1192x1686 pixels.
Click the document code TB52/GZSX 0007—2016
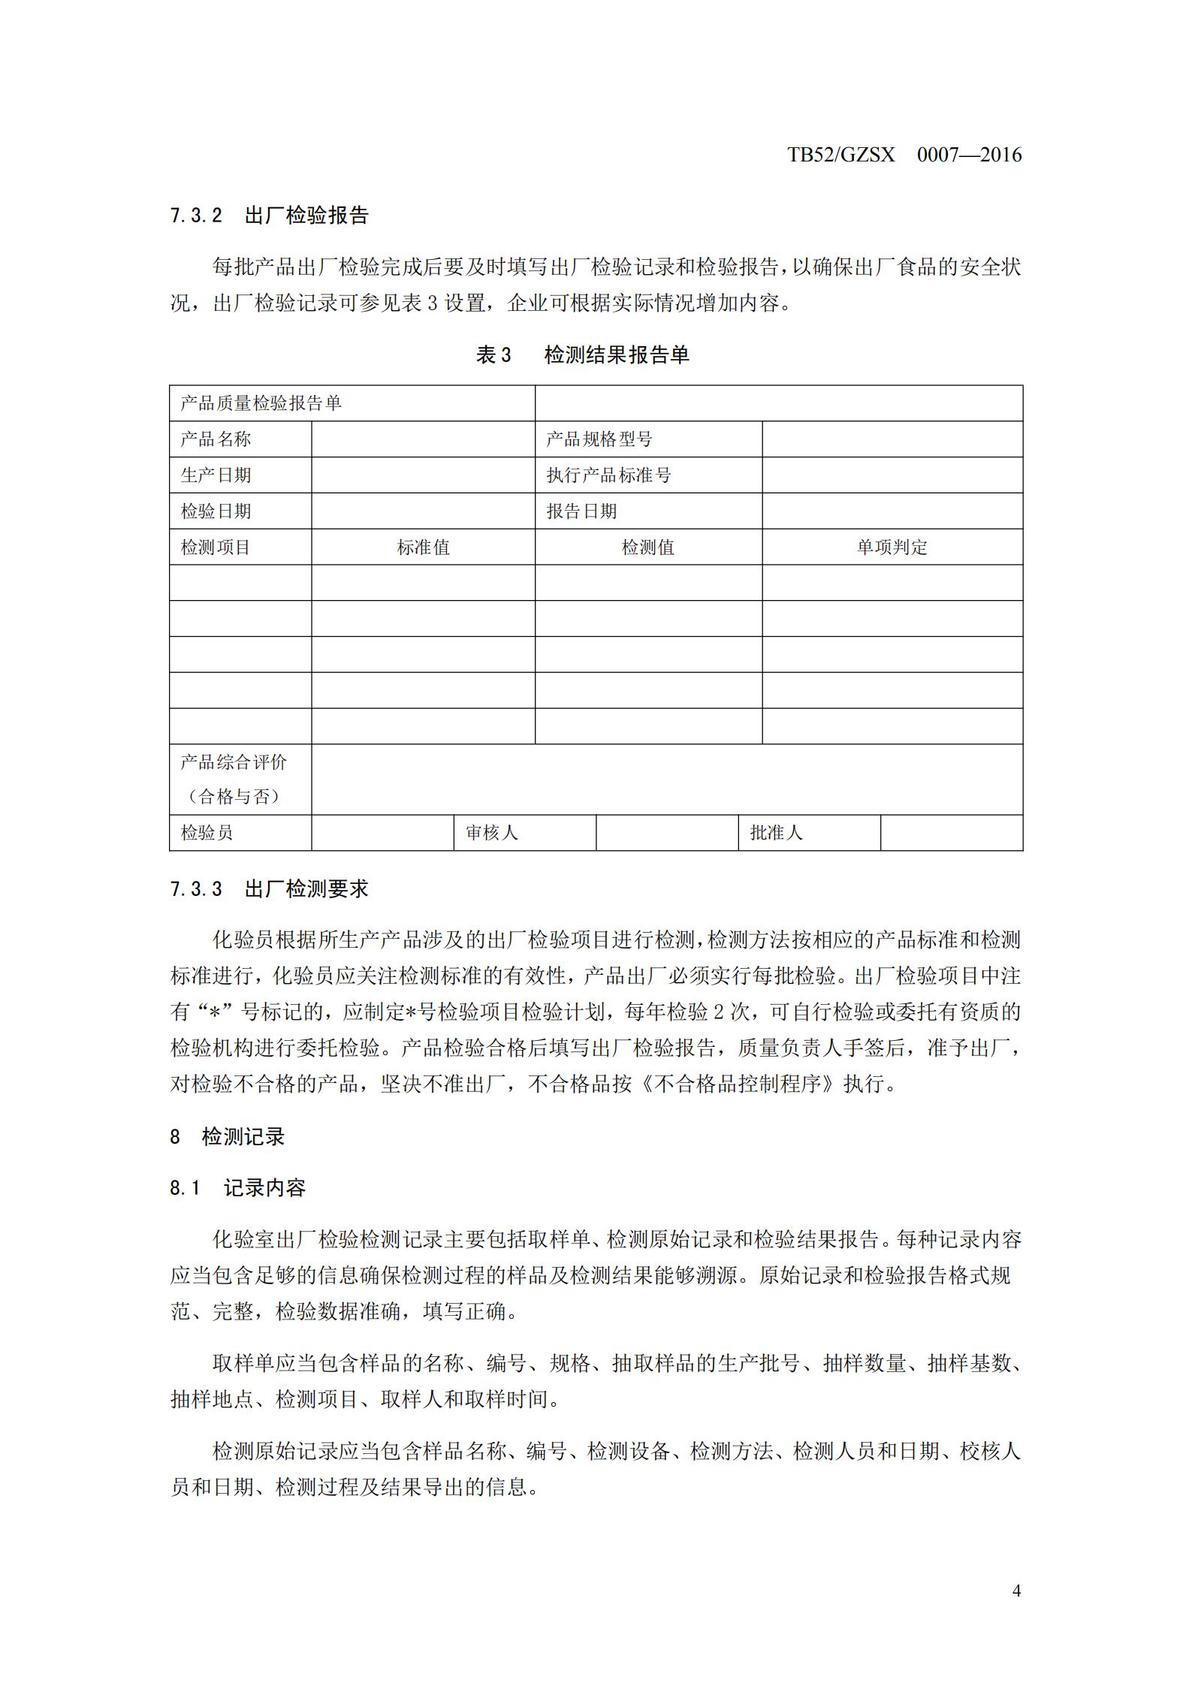point(904,155)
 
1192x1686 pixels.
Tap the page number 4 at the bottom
point(1016,1590)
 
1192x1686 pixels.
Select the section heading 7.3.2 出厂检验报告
point(269,216)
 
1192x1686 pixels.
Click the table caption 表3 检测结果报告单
point(582,354)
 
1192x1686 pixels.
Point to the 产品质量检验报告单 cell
point(261,404)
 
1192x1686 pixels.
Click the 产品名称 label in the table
point(216,439)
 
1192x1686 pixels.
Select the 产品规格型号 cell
point(599,439)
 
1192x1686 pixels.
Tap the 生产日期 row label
point(216,475)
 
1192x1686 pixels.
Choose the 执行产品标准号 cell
point(608,475)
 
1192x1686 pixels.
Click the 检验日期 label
point(216,511)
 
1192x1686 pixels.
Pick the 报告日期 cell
point(581,511)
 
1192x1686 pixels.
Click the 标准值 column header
point(423,547)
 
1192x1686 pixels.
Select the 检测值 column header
point(647,547)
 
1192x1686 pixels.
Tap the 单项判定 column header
point(892,547)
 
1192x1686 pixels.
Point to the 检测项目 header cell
point(216,547)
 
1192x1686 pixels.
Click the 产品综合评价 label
point(234,763)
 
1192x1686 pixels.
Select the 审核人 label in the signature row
point(491,833)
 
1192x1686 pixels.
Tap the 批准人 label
point(776,833)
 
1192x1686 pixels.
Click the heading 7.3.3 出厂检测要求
point(269,890)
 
